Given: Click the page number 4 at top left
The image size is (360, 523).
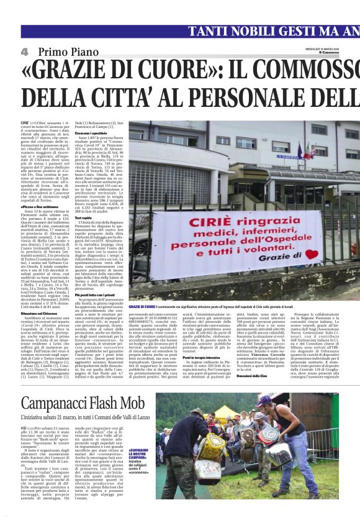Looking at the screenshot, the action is pos(25,51).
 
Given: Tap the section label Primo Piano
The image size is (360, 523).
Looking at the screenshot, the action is pos(65,51).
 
